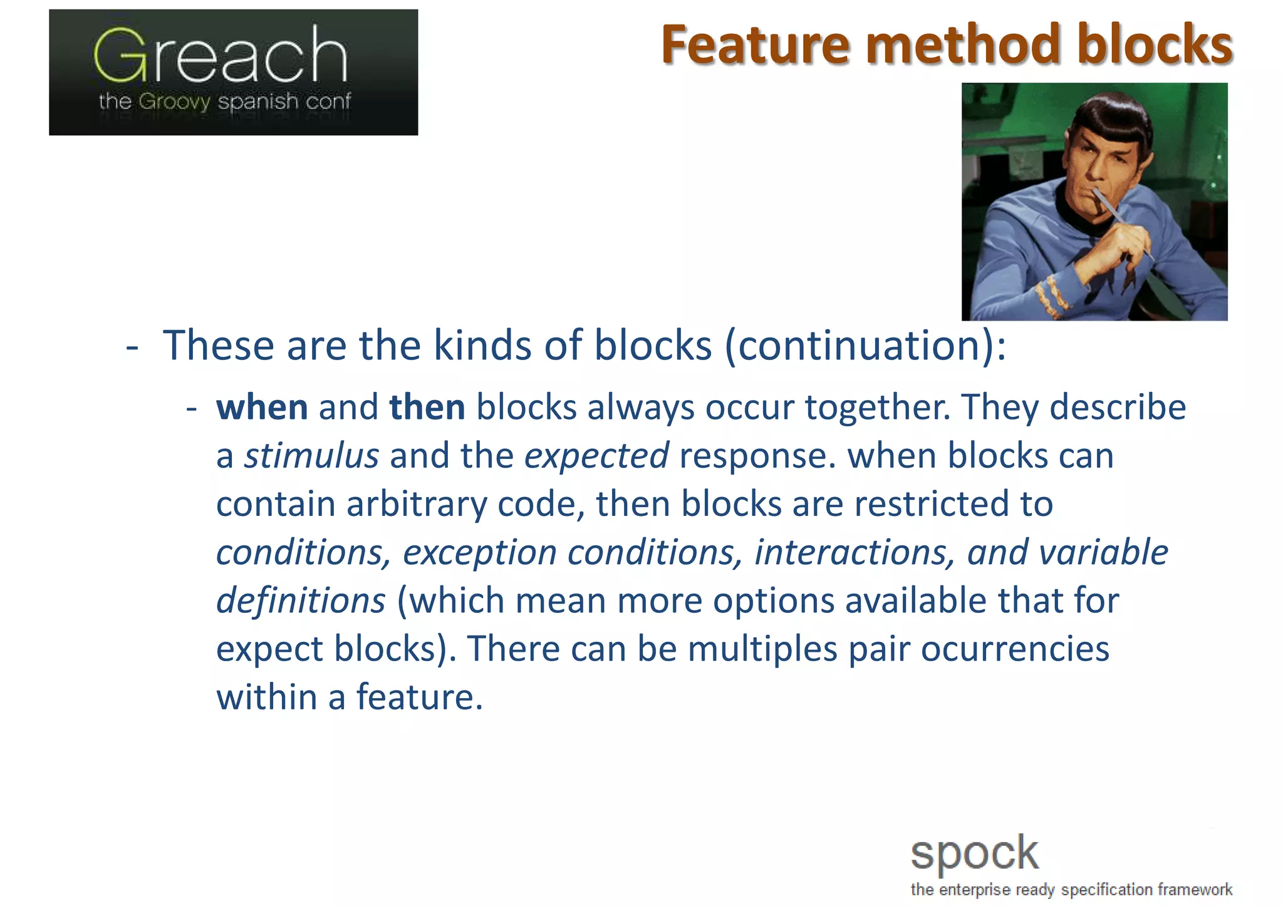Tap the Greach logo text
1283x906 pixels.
[x=221, y=56]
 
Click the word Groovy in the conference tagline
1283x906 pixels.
[x=174, y=101]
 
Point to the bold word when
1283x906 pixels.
[x=262, y=408]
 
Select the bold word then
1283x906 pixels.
[x=427, y=408]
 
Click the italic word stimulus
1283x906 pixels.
[x=311, y=456]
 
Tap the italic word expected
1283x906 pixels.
[x=596, y=456]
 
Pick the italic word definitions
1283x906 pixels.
[x=301, y=600]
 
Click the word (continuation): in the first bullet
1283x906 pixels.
[x=865, y=346]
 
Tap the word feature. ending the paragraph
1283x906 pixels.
[x=420, y=697]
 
